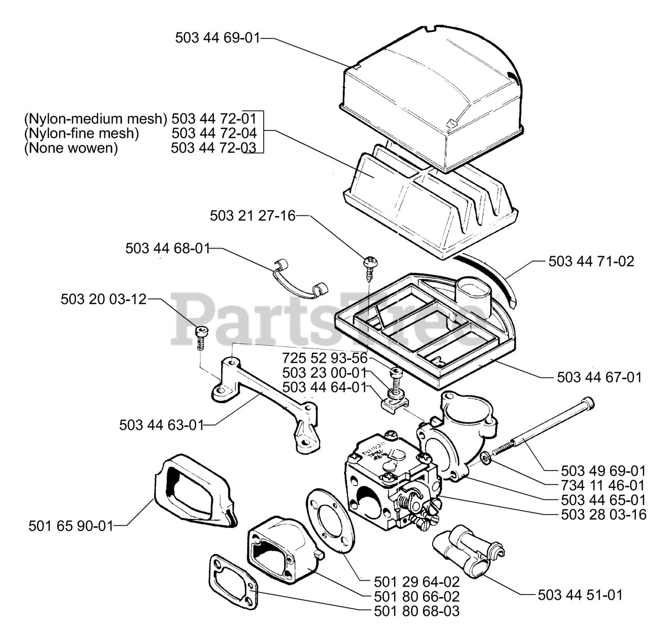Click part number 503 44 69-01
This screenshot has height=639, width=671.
(x=217, y=38)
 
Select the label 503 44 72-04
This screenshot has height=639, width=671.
(x=214, y=133)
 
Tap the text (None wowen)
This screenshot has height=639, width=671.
(x=71, y=148)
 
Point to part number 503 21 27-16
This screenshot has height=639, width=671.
(x=253, y=215)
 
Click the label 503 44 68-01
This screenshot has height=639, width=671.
(x=168, y=248)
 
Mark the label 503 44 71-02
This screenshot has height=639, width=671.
(x=591, y=261)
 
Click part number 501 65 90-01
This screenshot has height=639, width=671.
(x=70, y=525)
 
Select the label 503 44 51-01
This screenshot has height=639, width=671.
(x=580, y=595)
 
